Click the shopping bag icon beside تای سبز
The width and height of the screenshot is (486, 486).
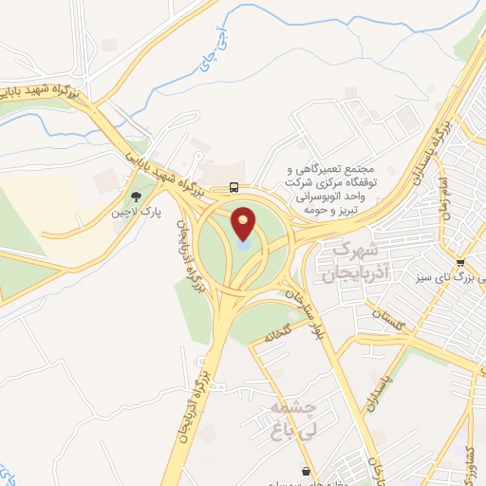(x=460, y=262)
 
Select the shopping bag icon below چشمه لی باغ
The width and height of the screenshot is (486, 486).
(x=305, y=471)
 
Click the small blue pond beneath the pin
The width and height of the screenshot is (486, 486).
(x=244, y=245)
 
